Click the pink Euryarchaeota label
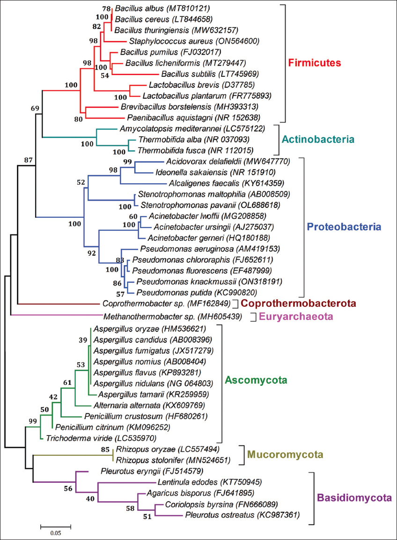[x=295, y=317]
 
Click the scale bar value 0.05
[x=55, y=533]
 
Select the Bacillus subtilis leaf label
[x=186, y=74]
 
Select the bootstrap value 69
[x=35, y=109]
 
